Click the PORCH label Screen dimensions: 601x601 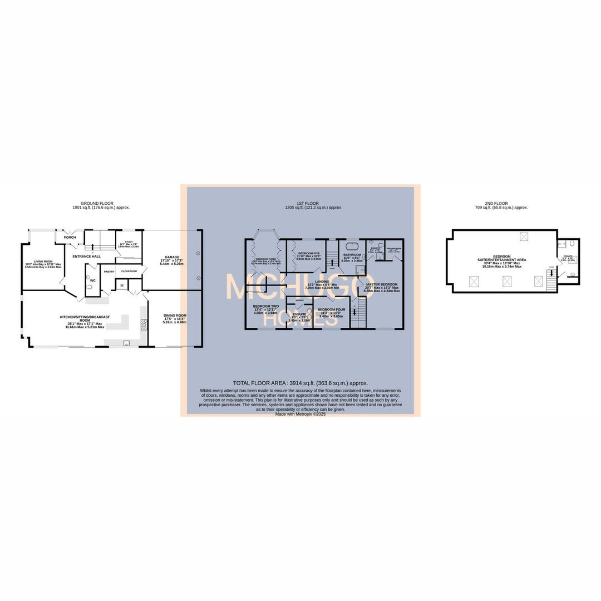click(x=70, y=238)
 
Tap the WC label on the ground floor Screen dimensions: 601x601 click(x=92, y=280)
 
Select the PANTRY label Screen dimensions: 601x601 click(x=109, y=272)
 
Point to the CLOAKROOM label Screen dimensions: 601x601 click(x=129, y=272)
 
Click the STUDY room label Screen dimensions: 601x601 click(x=129, y=242)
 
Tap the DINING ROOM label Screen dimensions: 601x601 click(x=174, y=316)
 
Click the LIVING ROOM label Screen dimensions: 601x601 click(x=43, y=261)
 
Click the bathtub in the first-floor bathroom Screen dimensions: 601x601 click(x=352, y=245)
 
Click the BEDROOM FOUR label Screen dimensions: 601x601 click(x=331, y=309)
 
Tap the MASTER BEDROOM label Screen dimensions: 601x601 click(x=381, y=284)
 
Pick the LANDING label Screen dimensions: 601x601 click(x=322, y=282)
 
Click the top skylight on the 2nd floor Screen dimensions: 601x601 click(x=524, y=237)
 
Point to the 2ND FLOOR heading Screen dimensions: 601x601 click(x=497, y=204)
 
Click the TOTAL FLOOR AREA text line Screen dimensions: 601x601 click(x=300, y=383)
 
